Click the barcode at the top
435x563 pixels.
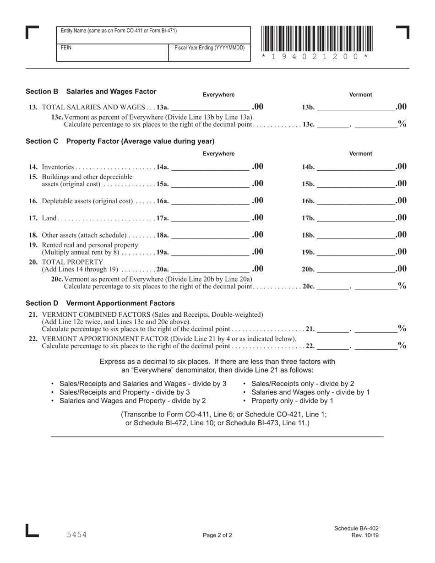pos(317,38)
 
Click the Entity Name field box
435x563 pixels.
pos(153,35)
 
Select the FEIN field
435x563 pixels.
pos(113,53)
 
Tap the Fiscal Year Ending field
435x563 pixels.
pos(210,53)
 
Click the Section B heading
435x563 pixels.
pos(91,92)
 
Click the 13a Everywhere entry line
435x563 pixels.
pos(210,108)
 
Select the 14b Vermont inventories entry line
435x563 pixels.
pos(355,167)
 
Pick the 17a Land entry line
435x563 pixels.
pos(210,218)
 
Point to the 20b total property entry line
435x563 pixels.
pos(355,270)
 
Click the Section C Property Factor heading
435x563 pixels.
pos(120,141)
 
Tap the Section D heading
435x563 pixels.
pos(100,303)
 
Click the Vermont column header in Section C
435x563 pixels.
pos(361,154)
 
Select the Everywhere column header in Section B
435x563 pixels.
pos(218,95)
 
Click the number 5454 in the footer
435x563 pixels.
pos(76,535)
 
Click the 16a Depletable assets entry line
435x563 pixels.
pos(210,201)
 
